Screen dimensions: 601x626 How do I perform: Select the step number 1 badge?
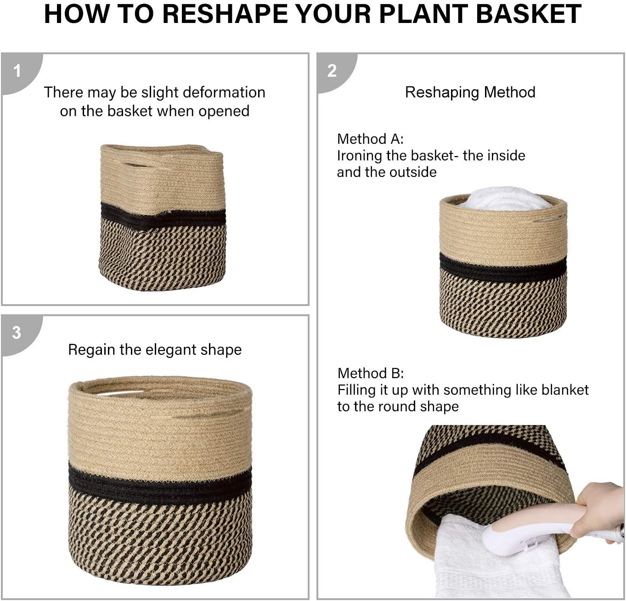[17, 71]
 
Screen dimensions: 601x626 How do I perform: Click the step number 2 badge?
[332, 71]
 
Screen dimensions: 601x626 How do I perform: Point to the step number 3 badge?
[17, 333]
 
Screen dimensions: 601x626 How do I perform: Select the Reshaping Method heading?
[470, 92]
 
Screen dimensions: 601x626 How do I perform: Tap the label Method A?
[370, 139]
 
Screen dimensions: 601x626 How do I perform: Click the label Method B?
[371, 373]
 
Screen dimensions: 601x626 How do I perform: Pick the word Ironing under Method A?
[360, 156]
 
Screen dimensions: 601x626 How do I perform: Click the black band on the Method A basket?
[503, 267]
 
